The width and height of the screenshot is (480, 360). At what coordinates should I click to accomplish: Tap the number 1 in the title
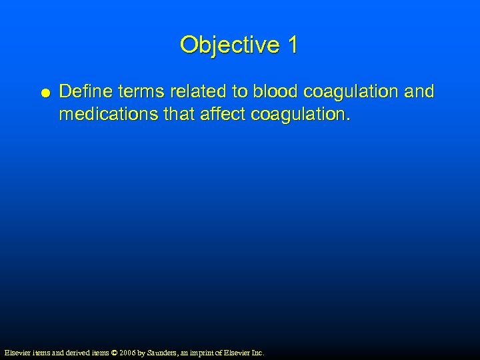click(292, 45)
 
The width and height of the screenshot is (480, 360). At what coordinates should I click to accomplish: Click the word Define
click(83, 91)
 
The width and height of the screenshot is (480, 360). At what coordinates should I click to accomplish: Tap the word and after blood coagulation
click(420, 91)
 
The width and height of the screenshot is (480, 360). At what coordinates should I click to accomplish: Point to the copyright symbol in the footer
click(113, 352)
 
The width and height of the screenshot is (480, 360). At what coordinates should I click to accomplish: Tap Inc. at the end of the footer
click(257, 352)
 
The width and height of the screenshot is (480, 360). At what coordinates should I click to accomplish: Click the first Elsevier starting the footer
click(17, 352)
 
